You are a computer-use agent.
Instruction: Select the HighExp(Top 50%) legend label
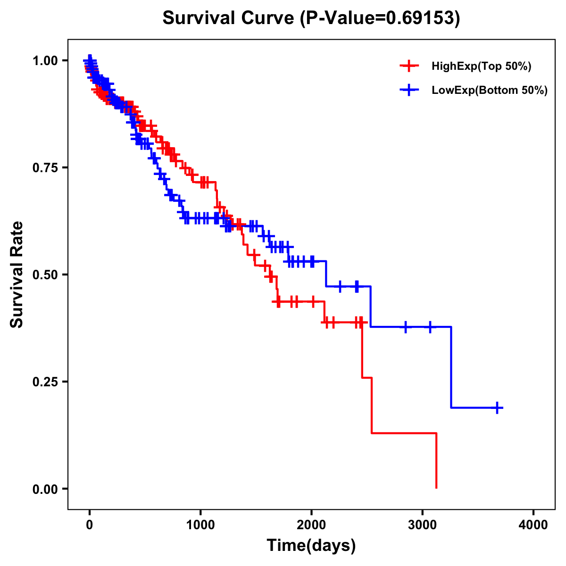482,67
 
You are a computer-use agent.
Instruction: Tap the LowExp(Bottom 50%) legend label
490,90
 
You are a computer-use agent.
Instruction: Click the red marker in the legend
409,66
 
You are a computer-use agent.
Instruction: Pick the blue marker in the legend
409,90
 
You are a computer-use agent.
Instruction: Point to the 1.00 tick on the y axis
45,60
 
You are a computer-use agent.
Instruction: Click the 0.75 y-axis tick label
45,167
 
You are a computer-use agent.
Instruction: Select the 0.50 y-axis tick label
45,275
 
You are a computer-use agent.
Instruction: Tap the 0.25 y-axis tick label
45,382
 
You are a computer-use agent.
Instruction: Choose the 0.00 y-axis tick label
45,489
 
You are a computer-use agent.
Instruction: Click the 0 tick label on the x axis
90,525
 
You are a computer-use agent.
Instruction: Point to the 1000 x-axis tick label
200,525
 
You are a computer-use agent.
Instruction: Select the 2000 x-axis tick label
311,525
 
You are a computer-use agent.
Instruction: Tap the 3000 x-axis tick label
423,525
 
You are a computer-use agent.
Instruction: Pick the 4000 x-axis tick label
533,525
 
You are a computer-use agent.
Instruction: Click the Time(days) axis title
311,546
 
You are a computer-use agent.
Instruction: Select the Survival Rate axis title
17,275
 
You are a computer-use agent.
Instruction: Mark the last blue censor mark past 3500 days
497,408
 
